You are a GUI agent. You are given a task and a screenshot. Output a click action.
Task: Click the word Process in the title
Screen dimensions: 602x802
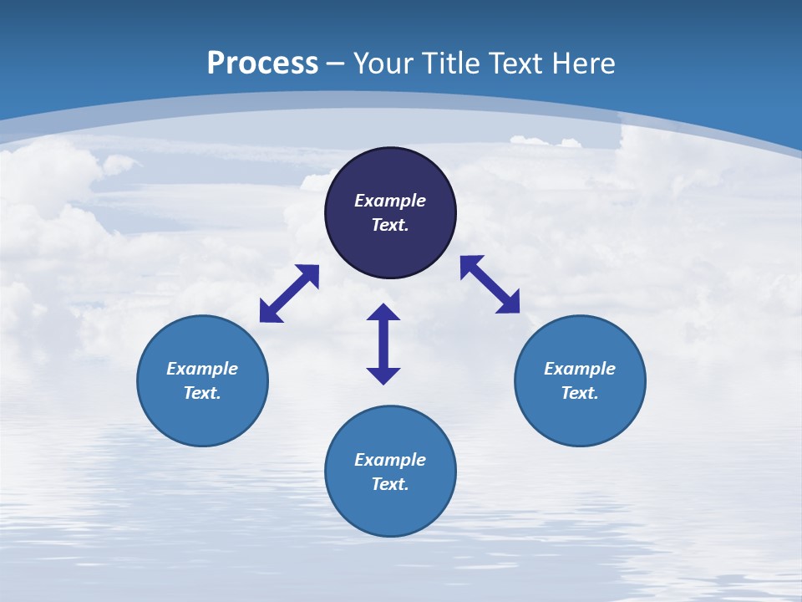[262, 64]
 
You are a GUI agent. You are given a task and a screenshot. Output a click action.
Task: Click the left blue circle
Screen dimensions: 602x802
[202, 418]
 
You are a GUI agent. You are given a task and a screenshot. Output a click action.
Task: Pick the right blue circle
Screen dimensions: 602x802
[580, 418]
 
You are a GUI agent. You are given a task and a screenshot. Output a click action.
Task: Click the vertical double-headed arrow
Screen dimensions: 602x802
[383, 344]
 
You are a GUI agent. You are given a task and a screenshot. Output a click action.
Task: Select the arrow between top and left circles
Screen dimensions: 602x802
[289, 293]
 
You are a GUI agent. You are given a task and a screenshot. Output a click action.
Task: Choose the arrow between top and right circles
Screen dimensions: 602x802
[490, 284]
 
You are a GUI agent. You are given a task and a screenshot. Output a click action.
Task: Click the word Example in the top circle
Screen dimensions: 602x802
[390, 201]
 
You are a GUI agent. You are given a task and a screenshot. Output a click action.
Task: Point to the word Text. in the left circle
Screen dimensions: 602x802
[202, 393]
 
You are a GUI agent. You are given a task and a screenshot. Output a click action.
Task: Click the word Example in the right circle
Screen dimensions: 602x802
[580, 369]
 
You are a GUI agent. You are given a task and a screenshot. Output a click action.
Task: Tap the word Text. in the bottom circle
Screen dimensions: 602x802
[390, 484]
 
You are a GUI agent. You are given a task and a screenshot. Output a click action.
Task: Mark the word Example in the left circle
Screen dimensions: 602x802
[202, 369]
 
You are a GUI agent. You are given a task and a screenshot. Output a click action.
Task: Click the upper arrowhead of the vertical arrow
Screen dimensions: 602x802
[383, 313]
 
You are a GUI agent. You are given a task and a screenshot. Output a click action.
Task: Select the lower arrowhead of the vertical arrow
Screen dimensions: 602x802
[383, 375]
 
